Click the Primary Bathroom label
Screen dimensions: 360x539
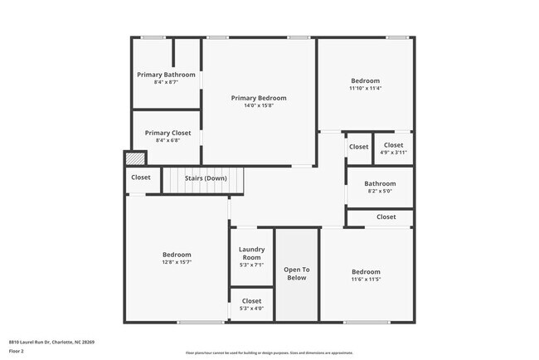(x=166, y=75)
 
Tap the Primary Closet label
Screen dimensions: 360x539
(x=168, y=133)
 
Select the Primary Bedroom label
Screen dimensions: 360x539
(x=259, y=98)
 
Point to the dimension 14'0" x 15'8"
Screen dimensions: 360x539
(x=259, y=106)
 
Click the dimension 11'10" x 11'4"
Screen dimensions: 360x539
(x=365, y=88)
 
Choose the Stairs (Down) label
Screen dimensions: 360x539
(x=206, y=178)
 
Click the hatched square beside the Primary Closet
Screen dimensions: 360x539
(x=134, y=158)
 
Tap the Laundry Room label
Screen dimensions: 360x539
(x=251, y=253)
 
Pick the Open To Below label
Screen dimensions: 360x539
(x=296, y=274)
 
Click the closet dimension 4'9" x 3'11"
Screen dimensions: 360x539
(x=393, y=153)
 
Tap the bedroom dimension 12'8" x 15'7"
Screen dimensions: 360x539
(x=176, y=263)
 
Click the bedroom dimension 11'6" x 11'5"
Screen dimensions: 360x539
(x=366, y=280)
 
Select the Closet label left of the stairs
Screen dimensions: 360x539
(x=141, y=177)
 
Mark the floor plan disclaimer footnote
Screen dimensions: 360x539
(x=269, y=353)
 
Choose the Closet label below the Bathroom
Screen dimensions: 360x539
(x=386, y=217)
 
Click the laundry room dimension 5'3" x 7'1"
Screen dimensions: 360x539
(x=251, y=265)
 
